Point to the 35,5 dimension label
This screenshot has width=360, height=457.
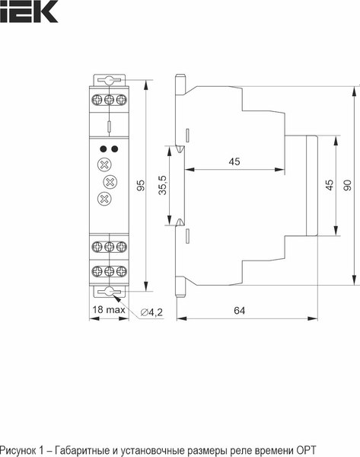[161, 186]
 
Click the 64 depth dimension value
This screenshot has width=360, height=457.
[240, 310]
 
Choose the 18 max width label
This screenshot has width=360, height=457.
[108, 310]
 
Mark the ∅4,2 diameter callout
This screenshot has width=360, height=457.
[152, 311]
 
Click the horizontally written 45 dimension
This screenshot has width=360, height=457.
[234, 161]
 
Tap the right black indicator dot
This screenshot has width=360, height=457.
[114, 149]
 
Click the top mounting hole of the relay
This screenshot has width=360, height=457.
[109, 81]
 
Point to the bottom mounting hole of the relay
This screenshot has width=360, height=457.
[109, 292]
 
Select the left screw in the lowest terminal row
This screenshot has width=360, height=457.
[97, 270]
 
